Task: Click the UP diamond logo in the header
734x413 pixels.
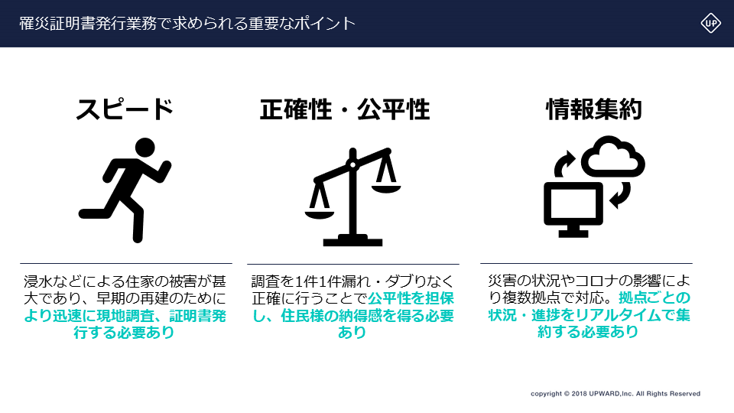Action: tap(710, 23)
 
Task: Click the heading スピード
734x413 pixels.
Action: tap(125, 109)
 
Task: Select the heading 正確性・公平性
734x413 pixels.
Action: tap(345, 109)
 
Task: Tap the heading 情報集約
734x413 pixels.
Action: tap(593, 109)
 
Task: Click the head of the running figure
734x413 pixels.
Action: tap(145, 147)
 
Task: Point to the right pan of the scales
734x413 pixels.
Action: tap(386, 189)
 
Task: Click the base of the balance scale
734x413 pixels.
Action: tap(353, 240)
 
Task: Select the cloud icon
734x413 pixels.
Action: tap(612, 156)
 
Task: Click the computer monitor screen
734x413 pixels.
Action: tap(573, 205)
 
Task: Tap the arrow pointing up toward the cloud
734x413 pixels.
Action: tap(563, 164)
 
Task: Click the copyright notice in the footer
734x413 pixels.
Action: tap(615, 393)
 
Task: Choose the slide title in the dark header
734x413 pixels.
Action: tap(187, 24)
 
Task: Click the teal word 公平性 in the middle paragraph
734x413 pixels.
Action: tap(389, 298)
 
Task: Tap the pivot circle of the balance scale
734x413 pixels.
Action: tap(353, 164)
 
